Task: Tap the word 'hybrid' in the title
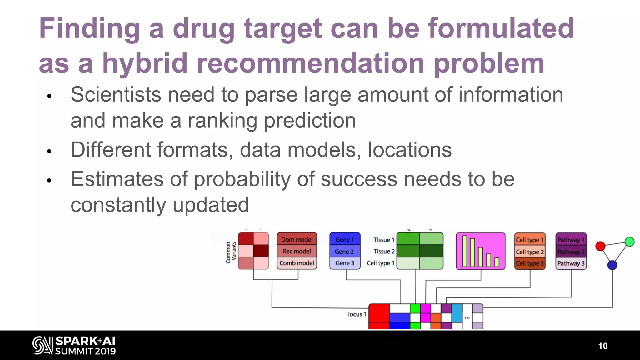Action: pyautogui.click(x=145, y=63)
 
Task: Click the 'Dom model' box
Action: pyautogui.click(x=297, y=240)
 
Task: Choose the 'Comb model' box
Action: pyautogui.click(x=297, y=263)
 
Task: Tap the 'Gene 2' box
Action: pyautogui.click(x=344, y=252)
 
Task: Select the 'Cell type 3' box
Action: pyautogui.click(x=530, y=263)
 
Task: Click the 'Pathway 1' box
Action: pyautogui.click(x=571, y=240)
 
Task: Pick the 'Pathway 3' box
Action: pyautogui.click(x=571, y=263)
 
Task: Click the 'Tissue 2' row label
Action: pyautogui.click(x=384, y=252)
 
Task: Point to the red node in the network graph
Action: pyautogui.click(x=600, y=246)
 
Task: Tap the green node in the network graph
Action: pyautogui.click(x=629, y=242)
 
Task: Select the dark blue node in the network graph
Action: pyautogui.click(x=612, y=265)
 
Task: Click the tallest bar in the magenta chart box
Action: pyautogui.click(x=465, y=252)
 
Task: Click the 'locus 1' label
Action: pyautogui.click(x=357, y=314)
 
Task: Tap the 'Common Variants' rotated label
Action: pyautogui.click(x=231, y=252)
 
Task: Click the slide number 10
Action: pyautogui.click(x=602, y=346)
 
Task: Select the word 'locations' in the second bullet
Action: pyautogui.click(x=410, y=150)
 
